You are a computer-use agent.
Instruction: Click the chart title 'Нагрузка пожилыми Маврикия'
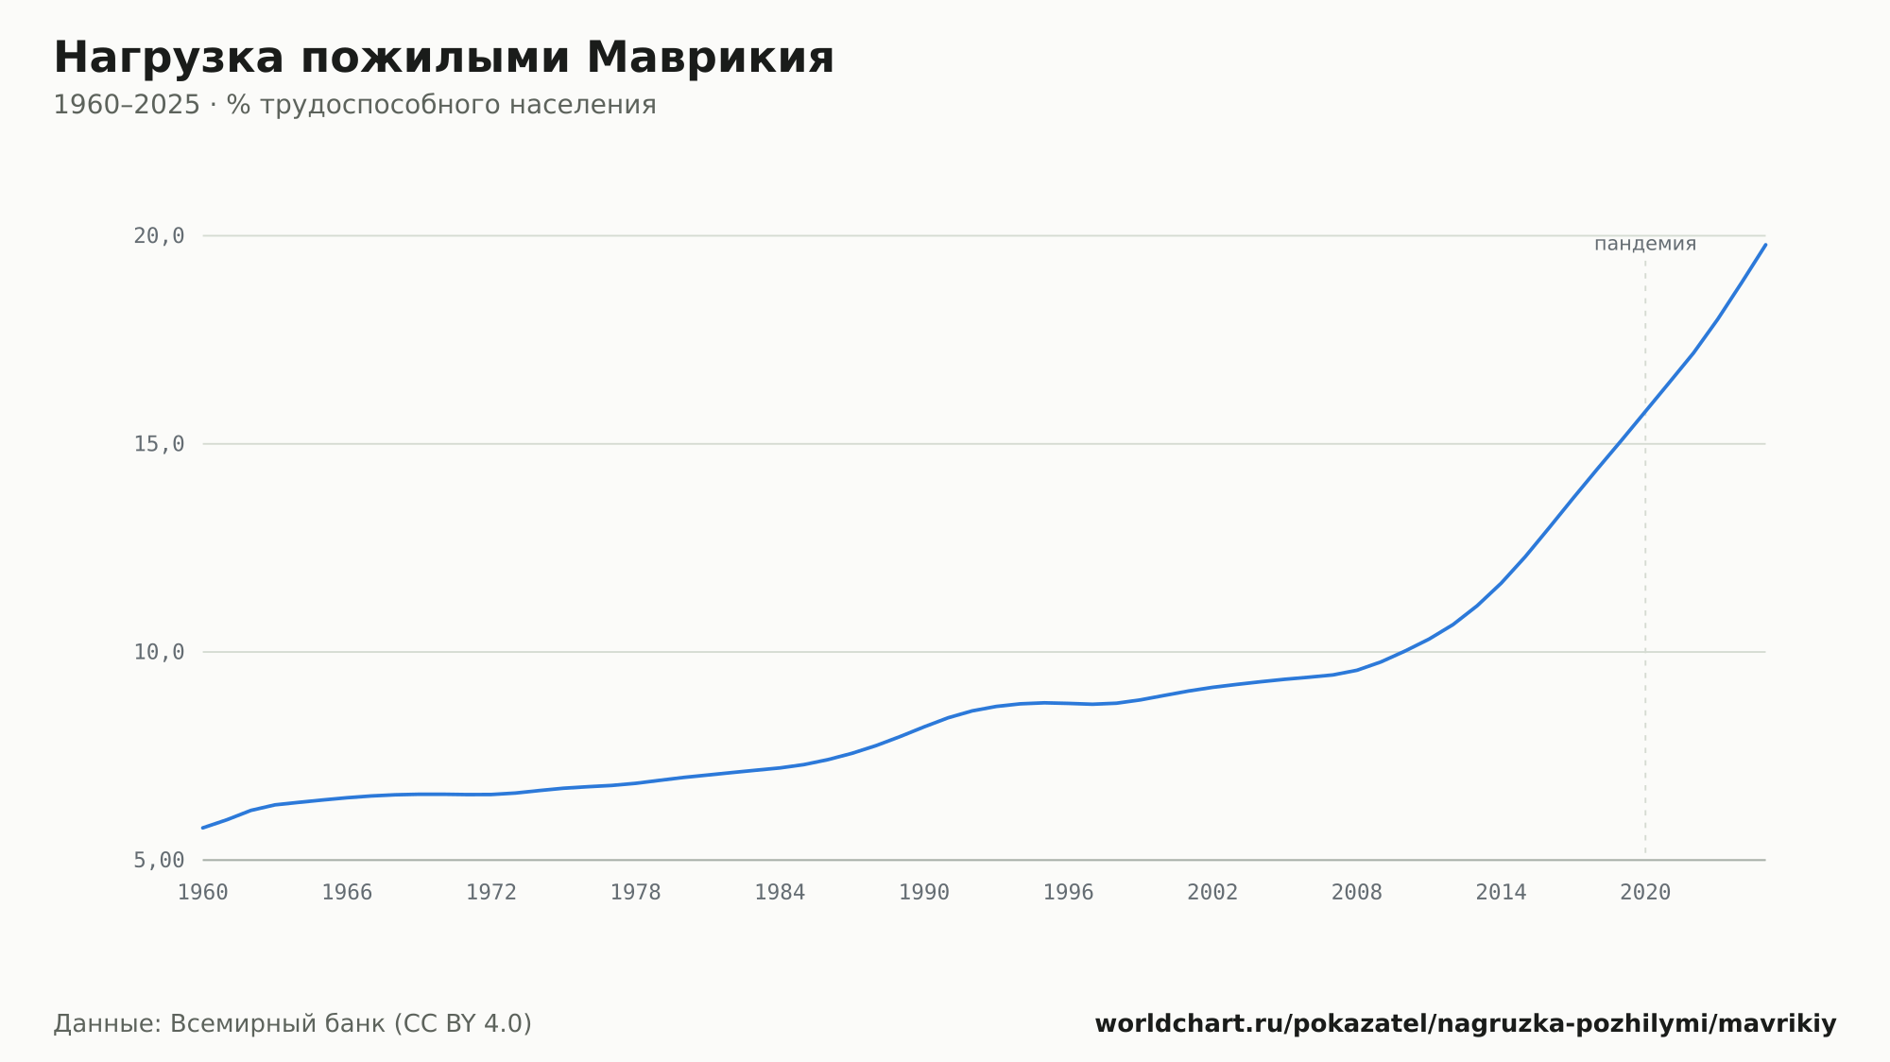[x=443, y=59]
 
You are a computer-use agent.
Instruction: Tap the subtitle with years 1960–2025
[x=354, y=105]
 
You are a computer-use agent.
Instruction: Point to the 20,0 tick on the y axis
[x=159, y=236]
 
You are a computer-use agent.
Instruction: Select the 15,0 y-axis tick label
[x=159, y=444]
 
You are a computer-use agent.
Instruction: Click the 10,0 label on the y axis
[x=159, y=652]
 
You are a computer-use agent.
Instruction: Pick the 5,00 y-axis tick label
[x=159, y=860]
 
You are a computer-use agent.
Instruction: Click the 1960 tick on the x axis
[x=203, y=893]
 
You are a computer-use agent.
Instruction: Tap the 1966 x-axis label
[x=347, y=893]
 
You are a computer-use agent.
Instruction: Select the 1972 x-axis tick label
[x=491, y=893]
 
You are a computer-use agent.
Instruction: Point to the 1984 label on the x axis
[x=780, y=893]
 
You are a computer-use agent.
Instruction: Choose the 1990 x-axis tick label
[x=924, y=893]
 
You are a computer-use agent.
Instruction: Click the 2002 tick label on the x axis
[x=1212, y=893]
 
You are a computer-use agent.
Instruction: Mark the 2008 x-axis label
[x=1357, y=893]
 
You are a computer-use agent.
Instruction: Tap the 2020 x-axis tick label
[x=1645, y=893]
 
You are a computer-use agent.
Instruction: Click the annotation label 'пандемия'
[x=1645, y=244]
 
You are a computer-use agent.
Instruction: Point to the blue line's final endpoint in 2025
[x=1765, y=245]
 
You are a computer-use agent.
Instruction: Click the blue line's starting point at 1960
[x=203, y=828]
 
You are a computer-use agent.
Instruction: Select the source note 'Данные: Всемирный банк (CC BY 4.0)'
[x=293, y=1024]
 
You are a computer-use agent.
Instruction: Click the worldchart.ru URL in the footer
[x=1466, y=1024]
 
